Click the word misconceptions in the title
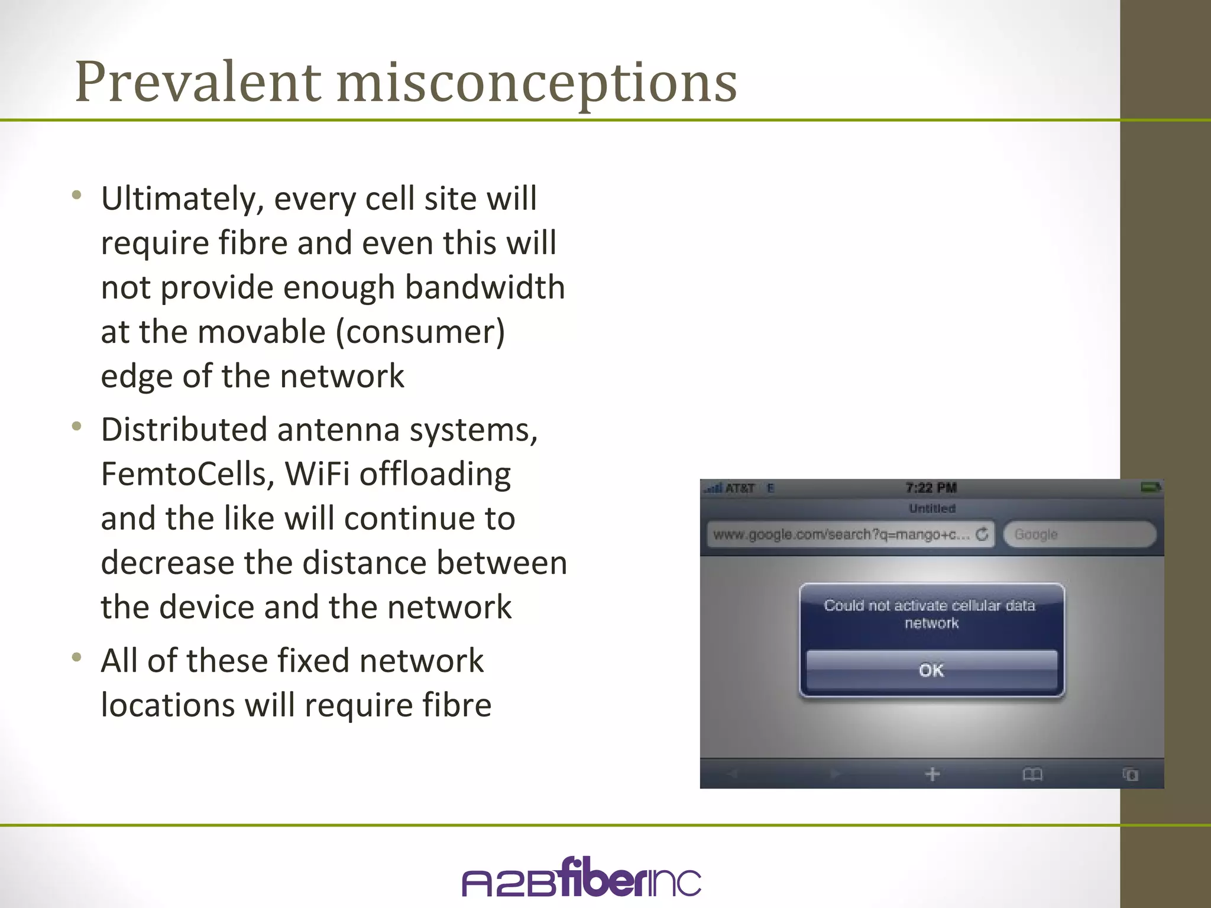537,83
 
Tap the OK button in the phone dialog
931,670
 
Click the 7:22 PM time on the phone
931,488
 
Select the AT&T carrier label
740,488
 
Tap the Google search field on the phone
1079,534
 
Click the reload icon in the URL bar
982,534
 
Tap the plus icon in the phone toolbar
932,774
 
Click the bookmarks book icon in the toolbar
1032,774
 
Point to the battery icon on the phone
1151,488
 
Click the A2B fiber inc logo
581,878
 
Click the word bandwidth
485,287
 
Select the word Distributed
184,430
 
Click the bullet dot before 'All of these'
76,657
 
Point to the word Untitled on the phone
932,508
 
